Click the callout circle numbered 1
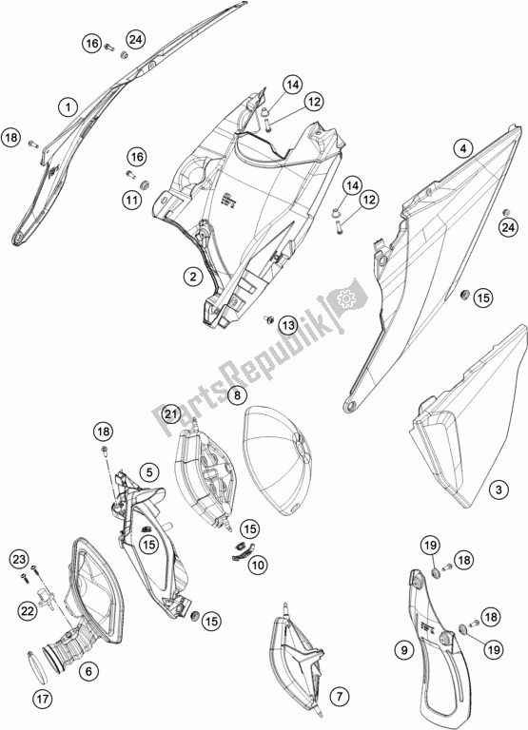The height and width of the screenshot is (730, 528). pyautogui.click(x=68, y=106)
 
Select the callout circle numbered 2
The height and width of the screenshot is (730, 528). pyautogui.click(x=193, y=277)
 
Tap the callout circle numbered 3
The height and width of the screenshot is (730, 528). pyautogui.click(x=497, y=490)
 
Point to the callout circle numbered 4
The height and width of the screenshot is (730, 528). pyautogui.click(x=462, y=148)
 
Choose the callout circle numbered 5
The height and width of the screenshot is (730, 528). pyautogui.click(x=150, y=471)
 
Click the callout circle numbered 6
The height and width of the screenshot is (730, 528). pyautogui.click(x=89, y=670)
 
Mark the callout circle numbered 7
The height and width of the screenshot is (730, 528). pyautogui.click(x=339, y=697)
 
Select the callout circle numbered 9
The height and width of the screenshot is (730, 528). pyautogui.click(x=403, y=650)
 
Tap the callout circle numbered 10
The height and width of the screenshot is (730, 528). pyautogui.click(x=258, y=565)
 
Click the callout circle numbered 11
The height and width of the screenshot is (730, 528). pyautogui.click(x=129, y=200)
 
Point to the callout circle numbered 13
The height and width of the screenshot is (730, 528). pyautogui.click(x=286, y=326)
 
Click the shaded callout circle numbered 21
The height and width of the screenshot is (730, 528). pyautogui.click(x=171, y=413)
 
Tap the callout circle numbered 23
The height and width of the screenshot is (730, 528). pyautogui.click(x=19, y=558)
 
